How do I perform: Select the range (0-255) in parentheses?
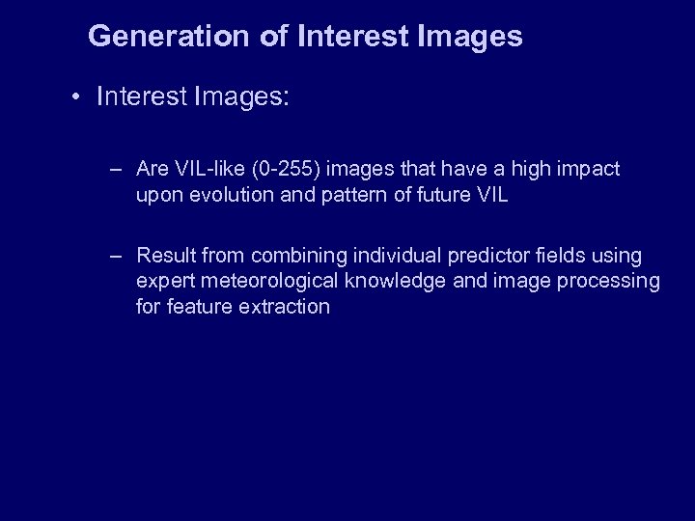pyautogui.click(x=288, y=170)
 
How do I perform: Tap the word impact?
pyautogui.click(x=586, y=170)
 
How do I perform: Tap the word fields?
pyautogui.click(x=567, y=256)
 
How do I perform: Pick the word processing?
pyautogui.click(x=614, y=281)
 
